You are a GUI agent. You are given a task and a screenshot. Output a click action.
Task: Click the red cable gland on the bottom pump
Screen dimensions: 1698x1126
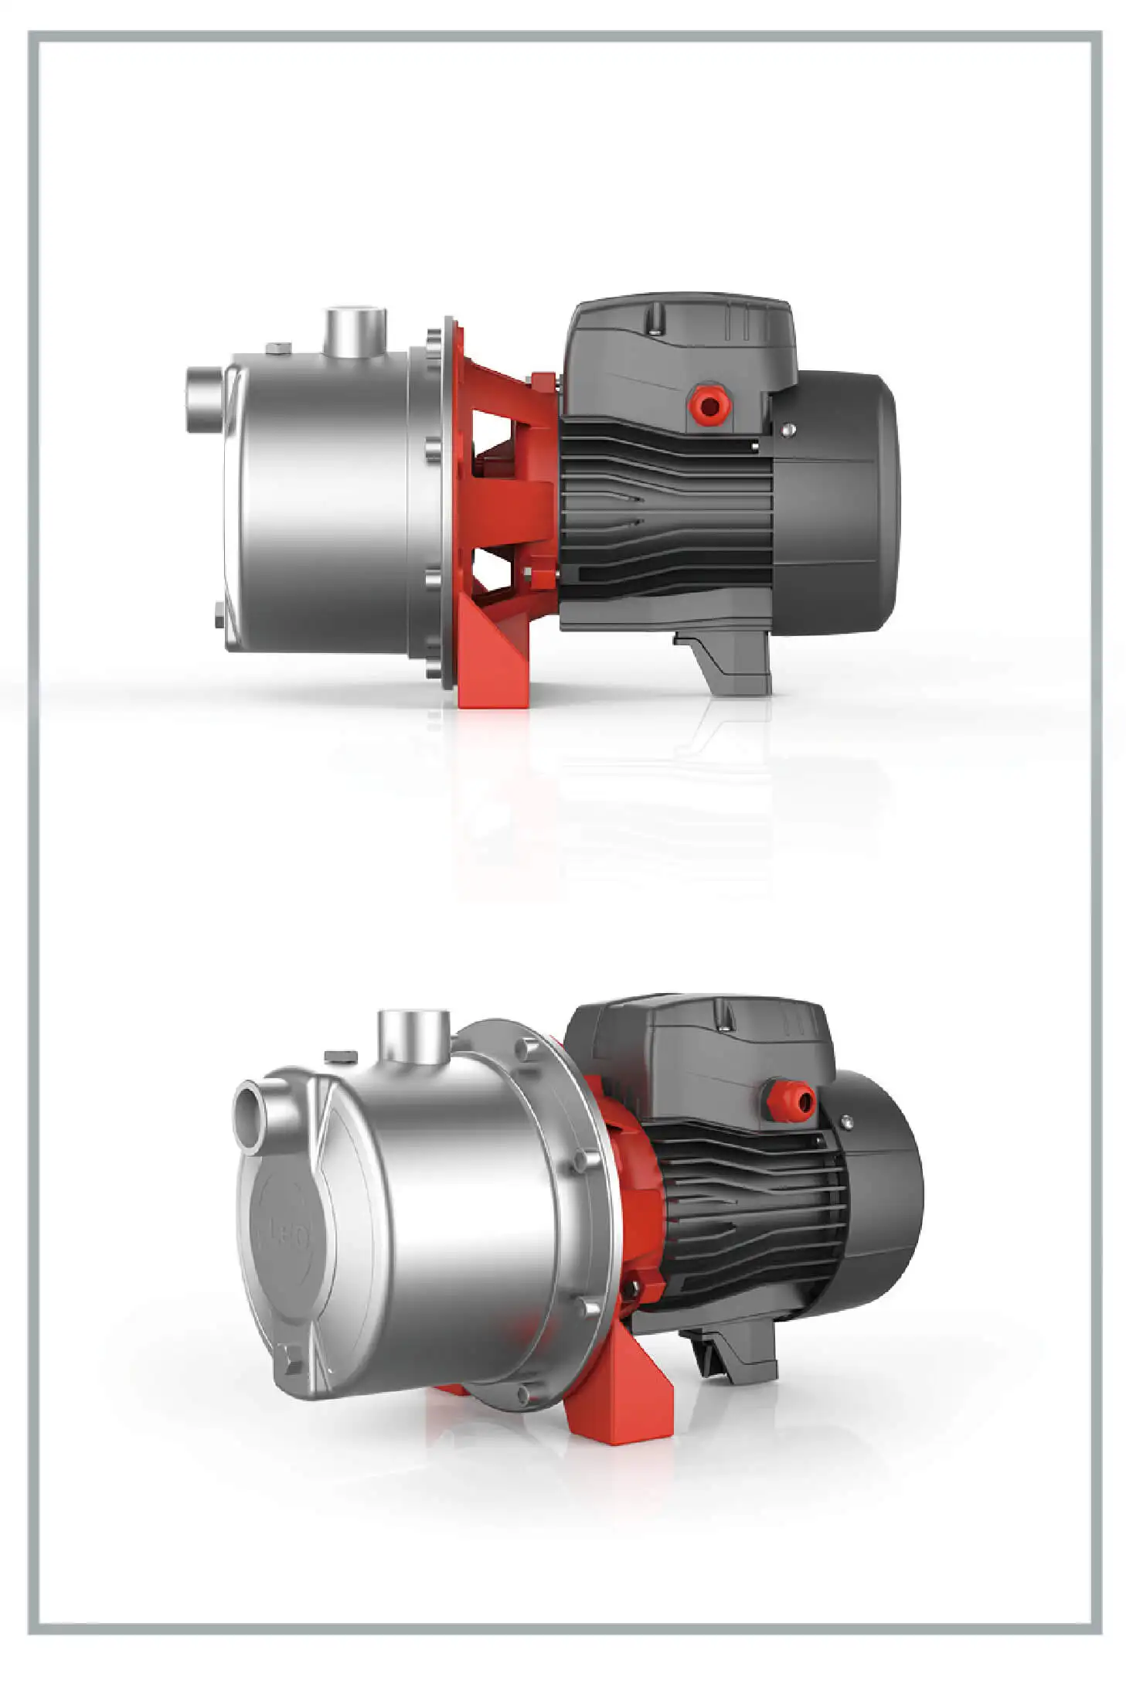click(x=790, y=1098)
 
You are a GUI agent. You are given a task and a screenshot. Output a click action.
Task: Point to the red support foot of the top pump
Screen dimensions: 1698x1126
click(x=493, y=665)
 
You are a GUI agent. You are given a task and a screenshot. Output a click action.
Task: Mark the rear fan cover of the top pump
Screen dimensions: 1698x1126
click(x=839, y=502)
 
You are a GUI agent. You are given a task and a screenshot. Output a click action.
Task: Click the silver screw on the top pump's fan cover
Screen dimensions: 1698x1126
click(x=788, y=430)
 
